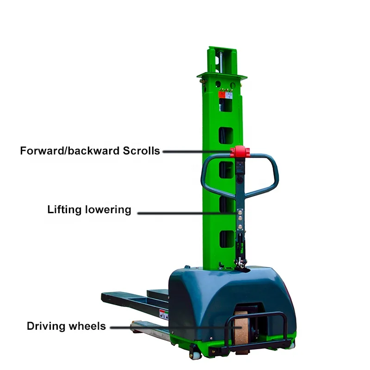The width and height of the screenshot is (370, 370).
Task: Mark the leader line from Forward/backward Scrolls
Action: tap(197, 151)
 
